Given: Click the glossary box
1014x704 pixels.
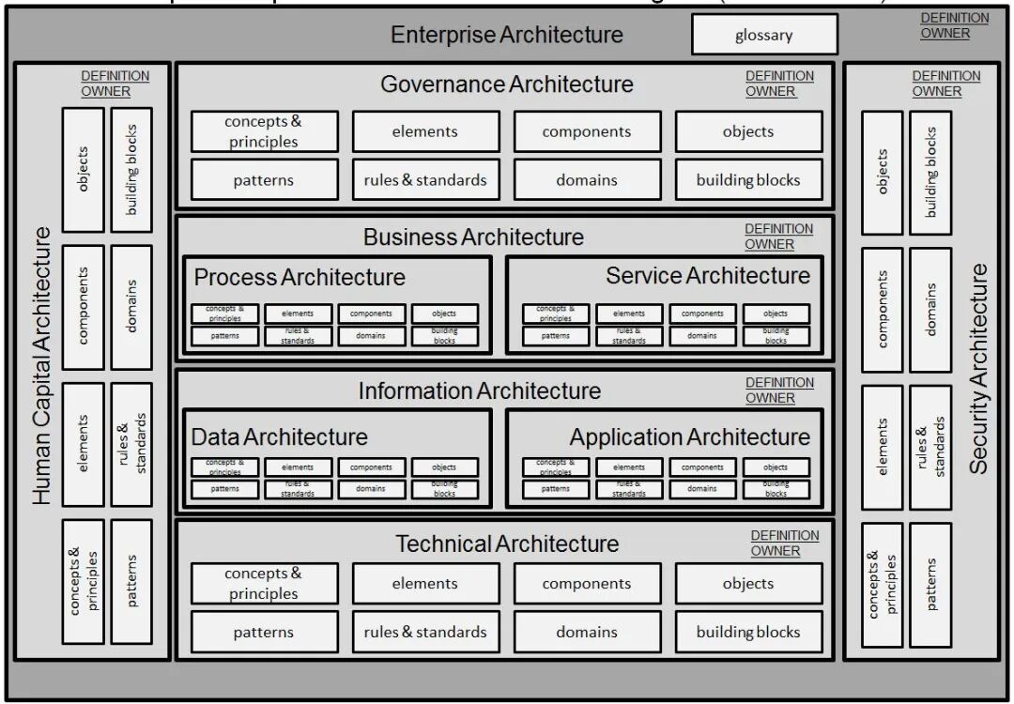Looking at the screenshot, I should [764, 36].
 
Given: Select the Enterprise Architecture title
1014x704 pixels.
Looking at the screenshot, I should [507, 36].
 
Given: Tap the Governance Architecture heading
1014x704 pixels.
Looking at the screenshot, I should [507, 84].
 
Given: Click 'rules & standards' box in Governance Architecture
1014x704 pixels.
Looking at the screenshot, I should [425, 180].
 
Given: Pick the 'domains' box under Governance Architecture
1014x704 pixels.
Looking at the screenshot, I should [587, 180].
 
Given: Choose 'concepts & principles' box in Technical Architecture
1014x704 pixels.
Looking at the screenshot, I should [264, 583].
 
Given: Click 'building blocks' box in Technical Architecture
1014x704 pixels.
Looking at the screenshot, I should [748, 632].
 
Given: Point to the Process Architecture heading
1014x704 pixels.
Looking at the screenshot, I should [300, 278].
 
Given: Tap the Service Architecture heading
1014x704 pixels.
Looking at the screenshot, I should [708, 276].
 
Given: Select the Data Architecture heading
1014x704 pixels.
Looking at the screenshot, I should [280, 436].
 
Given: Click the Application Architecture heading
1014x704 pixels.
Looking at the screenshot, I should [689, 437].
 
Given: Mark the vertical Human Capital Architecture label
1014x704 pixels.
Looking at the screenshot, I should [41, 365].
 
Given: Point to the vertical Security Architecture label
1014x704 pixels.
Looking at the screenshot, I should [978, 368].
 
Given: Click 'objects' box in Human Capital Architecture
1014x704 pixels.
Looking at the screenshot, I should [83, 169].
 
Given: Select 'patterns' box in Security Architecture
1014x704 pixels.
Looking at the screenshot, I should [930, 584].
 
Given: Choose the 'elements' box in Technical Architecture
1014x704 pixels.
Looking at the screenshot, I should [425, 583].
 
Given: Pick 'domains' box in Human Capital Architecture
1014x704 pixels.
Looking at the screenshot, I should [131, 306].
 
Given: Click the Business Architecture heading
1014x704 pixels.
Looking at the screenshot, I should [473, 237].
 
